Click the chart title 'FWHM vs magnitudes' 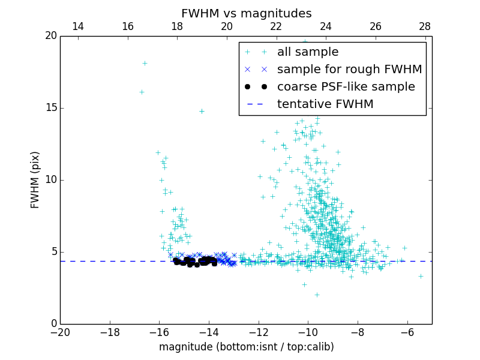246,14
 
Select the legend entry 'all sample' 308,52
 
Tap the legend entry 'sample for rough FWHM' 349,70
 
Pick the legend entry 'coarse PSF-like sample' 346,87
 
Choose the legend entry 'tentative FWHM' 325,104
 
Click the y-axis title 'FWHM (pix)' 35,180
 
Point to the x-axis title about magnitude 246,347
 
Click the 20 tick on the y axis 51,36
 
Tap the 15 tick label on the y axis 51,108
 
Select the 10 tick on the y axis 51,180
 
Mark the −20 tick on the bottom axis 60,332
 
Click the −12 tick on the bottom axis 259,332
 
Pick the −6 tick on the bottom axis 407,332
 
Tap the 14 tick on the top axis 78,26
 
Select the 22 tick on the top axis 276,26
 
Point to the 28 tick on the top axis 425,26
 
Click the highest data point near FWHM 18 145,63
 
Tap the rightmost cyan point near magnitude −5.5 421,276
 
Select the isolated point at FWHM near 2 317,295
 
